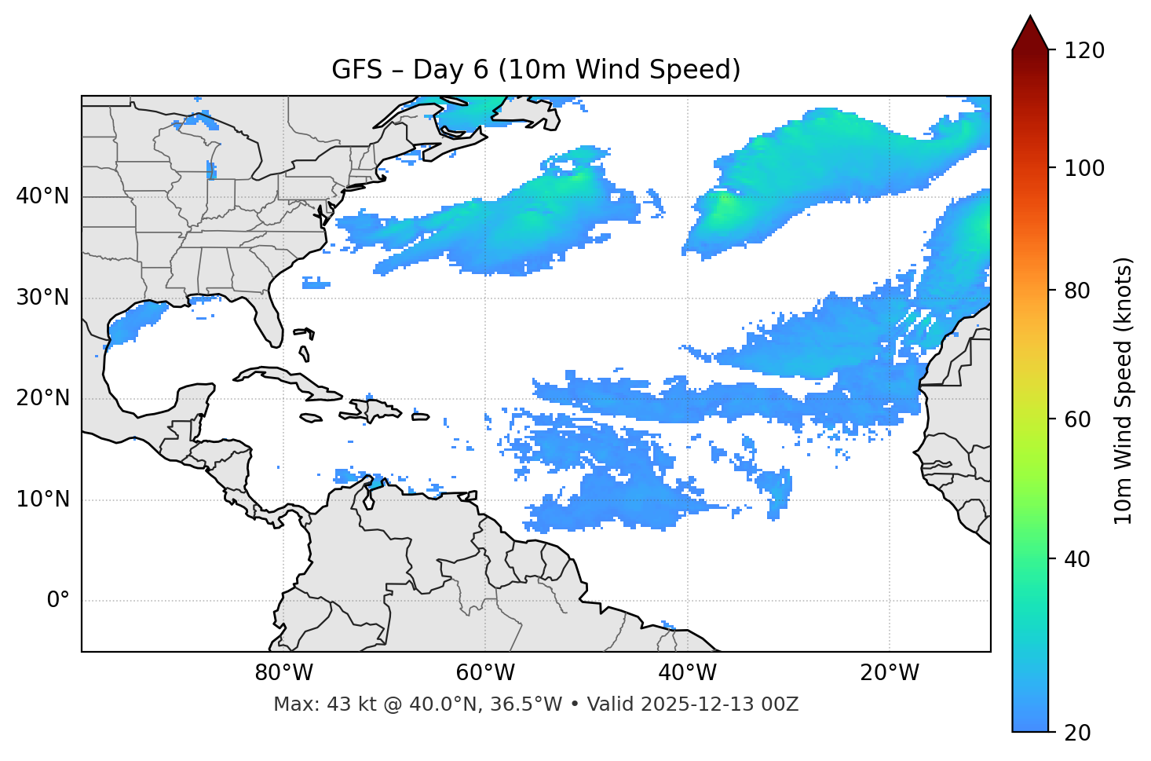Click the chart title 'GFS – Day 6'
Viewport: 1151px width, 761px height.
click(x=535, y=70)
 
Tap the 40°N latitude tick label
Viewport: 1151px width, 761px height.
click(x=42, y=196)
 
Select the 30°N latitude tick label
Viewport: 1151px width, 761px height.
click(x=42, y=298)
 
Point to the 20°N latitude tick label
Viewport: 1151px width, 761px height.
click(x=42, y=398)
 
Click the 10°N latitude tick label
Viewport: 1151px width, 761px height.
click(x=42, y=499)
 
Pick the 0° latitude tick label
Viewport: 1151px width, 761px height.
click(x=57, y=601)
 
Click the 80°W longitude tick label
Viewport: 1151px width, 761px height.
click(x=283, y=673)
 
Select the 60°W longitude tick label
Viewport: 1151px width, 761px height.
click(x=485, y=673)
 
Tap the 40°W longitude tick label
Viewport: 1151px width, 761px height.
click(x=687, y=673)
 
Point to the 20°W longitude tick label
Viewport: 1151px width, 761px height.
click(x=889, y=673)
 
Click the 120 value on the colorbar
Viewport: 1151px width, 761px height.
click(x=1083, y=51)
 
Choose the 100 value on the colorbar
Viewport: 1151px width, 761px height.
click(x=1083, y=169)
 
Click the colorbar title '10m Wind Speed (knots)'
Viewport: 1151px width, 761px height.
click(x=1124, y=390)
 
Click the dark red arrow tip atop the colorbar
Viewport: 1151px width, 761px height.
click(x=1030, y=31)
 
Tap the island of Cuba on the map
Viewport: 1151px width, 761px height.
click(x=283, y=378)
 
